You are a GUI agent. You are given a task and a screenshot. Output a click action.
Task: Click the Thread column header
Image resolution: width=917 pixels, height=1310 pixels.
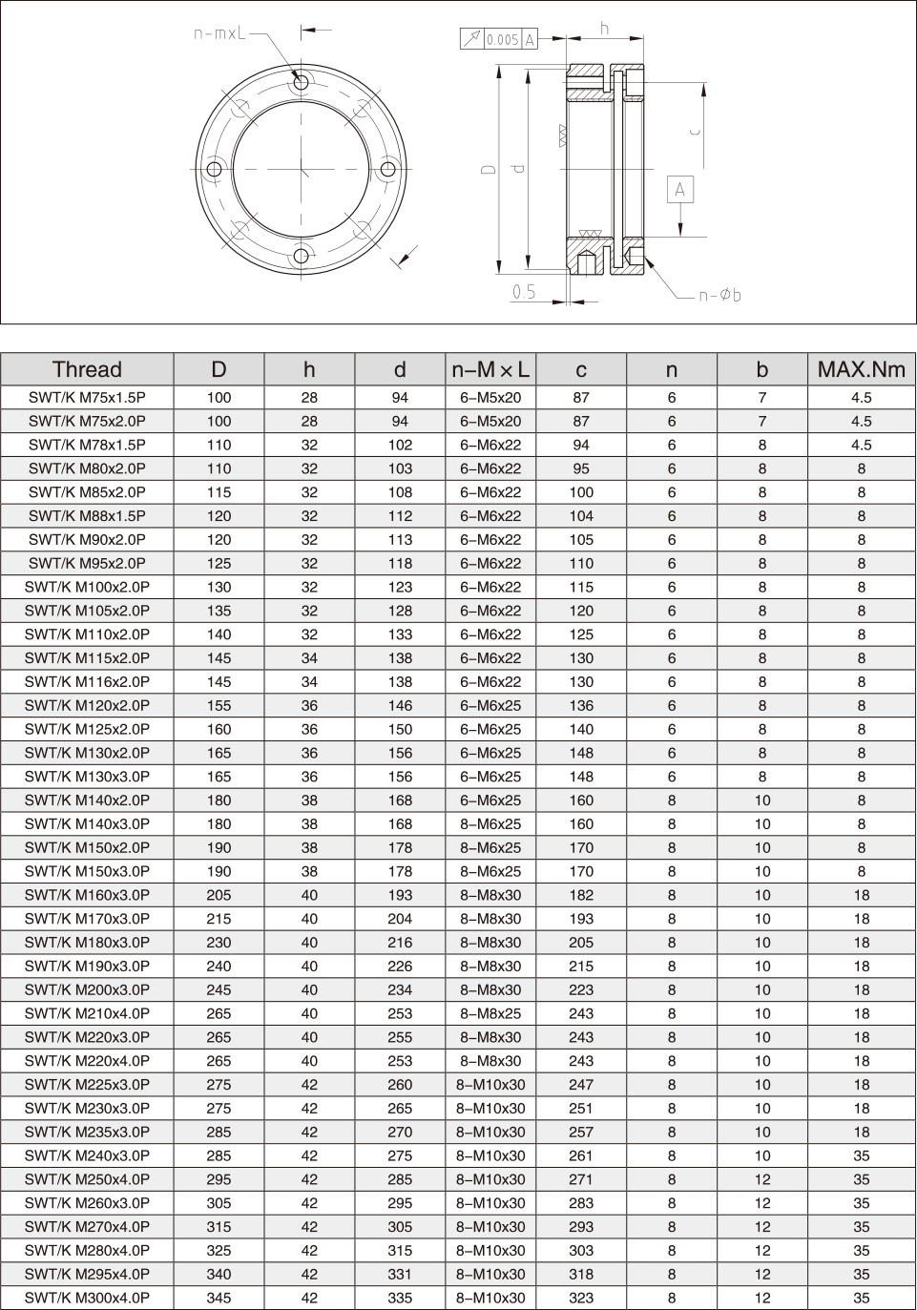tap(87, 369)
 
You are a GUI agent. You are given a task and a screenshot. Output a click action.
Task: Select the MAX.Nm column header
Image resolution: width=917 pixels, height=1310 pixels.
tap(862, 369)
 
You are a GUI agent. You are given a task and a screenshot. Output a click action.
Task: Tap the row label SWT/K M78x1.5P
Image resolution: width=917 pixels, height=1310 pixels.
tap(87, 445)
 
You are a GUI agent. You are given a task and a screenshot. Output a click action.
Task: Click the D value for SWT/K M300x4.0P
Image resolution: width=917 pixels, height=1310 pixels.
tap(219, 1298)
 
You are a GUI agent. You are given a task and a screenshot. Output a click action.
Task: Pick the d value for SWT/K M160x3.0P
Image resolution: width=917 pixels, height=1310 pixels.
tap(400, 895)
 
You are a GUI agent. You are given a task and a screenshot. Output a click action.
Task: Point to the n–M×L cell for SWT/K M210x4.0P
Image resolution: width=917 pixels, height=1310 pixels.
tap(490, 1013)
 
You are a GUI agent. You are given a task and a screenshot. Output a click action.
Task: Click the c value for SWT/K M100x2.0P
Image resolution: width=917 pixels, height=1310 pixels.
tap(581, 587)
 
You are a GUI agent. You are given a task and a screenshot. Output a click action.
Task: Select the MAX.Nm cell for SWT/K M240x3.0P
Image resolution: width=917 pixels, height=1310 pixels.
tap(862, 1155)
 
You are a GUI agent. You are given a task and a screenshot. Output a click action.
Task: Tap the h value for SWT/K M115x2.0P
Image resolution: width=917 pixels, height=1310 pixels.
tap(309, 658)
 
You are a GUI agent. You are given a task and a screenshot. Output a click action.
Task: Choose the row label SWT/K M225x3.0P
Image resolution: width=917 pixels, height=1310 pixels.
tap(87, 1085)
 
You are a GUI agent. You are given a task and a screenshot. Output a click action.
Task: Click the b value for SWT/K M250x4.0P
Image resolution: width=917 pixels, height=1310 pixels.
tap(762, 1179)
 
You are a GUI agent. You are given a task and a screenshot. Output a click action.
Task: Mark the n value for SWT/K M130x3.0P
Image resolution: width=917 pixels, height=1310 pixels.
tap(672, 777)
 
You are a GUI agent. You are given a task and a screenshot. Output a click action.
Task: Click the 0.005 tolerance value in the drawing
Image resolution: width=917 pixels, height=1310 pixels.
tap(502, 39)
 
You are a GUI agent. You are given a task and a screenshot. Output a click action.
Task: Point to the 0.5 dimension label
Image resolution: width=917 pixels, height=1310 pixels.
tap(524, 292)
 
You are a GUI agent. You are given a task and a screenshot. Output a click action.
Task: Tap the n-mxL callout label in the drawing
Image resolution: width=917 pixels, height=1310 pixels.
tap(220, 33)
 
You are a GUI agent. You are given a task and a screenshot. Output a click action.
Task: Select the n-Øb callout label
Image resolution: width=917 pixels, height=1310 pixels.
tap(719, 296)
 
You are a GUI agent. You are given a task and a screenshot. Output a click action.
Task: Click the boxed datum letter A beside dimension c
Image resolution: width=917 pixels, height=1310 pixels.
tap(680, 190)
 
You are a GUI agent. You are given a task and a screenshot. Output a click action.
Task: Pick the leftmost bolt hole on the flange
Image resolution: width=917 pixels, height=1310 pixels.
tap(215, 170)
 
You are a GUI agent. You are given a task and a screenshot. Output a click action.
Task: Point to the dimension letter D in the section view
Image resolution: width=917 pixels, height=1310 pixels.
tap(489, 169)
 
